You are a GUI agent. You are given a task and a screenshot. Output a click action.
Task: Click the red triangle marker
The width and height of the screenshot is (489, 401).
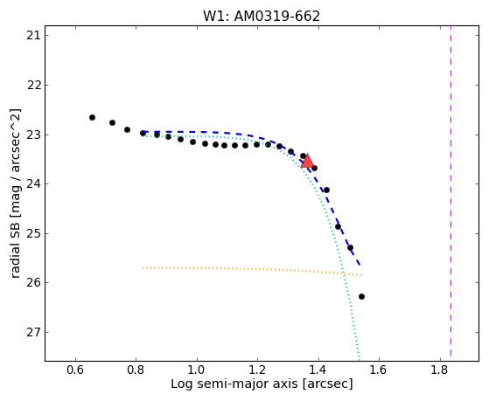(x=308, y=161)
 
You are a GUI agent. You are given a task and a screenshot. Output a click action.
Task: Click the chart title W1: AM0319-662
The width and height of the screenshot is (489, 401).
(x=262, y=17)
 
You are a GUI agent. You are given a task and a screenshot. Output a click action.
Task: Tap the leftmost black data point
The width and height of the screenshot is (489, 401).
(x=92, y=117)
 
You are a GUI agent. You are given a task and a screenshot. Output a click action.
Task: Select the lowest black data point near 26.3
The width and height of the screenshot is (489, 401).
(x=361, y=297)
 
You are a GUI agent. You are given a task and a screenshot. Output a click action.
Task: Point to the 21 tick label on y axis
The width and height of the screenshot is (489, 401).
(x=33, y=36)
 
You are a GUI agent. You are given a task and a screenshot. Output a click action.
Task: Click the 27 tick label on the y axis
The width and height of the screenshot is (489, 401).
(x=33, y=333)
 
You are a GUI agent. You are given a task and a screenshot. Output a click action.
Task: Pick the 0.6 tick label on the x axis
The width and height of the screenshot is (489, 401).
(x=75, y=370)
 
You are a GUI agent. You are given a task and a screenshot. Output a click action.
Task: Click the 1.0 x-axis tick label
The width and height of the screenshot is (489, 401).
(x=197, y=370)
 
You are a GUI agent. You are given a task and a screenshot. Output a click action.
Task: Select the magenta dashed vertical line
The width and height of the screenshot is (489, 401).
(x=451, y=191)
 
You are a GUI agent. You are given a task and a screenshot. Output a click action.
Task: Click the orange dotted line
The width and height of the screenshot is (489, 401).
(x=252, y=270)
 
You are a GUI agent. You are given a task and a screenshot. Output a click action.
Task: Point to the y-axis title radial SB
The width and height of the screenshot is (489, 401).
(x=16, y=193)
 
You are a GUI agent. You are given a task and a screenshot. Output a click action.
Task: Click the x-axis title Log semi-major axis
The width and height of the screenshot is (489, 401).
(x=262, y=384)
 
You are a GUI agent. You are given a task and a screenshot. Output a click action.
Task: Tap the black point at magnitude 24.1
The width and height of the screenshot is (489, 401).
(x=326, y=190)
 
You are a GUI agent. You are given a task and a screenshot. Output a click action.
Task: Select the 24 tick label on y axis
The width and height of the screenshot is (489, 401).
(x=33, y=184)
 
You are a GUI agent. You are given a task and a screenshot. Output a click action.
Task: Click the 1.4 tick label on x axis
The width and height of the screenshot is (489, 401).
(x=318, y=370)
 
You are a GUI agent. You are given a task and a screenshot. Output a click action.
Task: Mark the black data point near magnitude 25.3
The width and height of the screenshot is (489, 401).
(x=350, y=248)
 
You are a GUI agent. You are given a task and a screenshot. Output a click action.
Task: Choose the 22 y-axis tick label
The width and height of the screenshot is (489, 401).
(x=33, y=85)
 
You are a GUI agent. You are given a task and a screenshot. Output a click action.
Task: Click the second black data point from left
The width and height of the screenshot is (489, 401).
(x=112, y=123)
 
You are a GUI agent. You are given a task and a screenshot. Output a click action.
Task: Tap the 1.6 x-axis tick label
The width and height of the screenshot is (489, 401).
(x=379, y=370)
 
